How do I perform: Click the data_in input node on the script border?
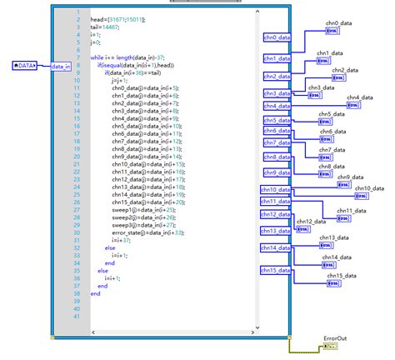[x=61, y=65]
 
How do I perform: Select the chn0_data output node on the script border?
[x=277, y=37]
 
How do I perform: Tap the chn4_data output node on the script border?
[x=277, y=107]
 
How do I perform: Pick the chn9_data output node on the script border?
[x=277, y=172]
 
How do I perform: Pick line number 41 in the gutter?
[x=77, y=317]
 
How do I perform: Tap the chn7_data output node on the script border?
[x=277, y=142]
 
